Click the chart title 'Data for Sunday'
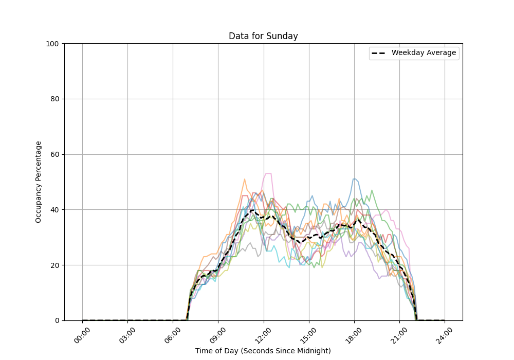coord(263,36)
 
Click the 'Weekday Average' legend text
coord(424,53)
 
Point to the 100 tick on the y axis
coord(52,44)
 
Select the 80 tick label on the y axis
coord(54,99)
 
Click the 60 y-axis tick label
coord(54,154)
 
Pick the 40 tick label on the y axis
coord(54,210)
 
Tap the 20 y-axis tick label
coord(54,265)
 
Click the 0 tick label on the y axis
coord(56,320)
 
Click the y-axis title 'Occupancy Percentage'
coord(39,182)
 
